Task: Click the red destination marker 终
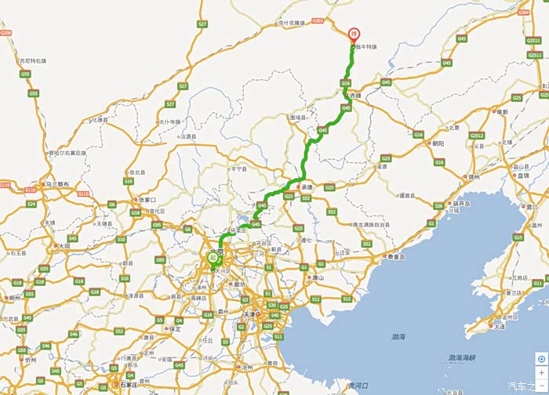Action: click(x=353, y=34)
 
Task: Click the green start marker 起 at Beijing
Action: click(x=212, y=256)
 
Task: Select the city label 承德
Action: click(x=306, y=187)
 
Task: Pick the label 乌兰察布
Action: click(x=58, y=184)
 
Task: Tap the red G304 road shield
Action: click(x=524, y=13)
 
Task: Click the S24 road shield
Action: click(x=31, y=204)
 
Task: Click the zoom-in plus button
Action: click(x=541, y=371)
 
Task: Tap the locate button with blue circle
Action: click(x=541, y=358)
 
